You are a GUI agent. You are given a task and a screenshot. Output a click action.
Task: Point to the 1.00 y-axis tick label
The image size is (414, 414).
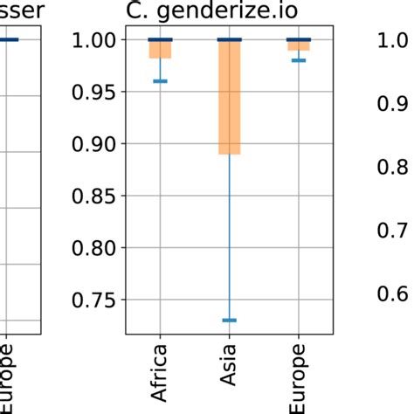coord(97,40)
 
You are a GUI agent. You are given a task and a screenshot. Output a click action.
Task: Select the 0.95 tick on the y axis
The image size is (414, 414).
coord(97,92)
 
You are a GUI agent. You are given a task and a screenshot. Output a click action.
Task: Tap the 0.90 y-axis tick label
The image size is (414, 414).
coord(97,144)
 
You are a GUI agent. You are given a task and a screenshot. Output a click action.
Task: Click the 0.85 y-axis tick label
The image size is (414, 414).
coord(97,197)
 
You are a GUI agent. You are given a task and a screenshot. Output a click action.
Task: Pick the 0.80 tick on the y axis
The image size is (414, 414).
coord(97,248)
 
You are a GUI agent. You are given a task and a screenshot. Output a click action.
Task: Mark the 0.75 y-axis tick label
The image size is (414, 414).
coord(97,300)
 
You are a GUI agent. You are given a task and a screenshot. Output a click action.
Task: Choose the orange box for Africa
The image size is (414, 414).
coord(160,50)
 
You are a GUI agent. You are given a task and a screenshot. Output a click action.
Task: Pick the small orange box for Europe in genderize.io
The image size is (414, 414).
coord(299,45)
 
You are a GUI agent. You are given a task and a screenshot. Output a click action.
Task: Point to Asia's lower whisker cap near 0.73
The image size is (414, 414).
coord(229,321)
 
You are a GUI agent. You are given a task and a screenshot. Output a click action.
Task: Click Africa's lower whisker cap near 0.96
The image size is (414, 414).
coord(160,81)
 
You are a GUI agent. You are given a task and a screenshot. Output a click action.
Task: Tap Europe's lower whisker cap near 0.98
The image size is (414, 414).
coord(299,60)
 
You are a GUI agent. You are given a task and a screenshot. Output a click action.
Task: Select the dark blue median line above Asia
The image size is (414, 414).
coord(229,40)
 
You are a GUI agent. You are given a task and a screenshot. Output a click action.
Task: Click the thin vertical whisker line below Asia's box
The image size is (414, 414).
coord(229,236)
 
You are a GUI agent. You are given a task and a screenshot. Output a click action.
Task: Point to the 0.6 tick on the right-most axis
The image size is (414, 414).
coord(396,293)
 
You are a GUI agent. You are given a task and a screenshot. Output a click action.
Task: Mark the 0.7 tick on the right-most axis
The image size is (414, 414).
coord(396,230)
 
